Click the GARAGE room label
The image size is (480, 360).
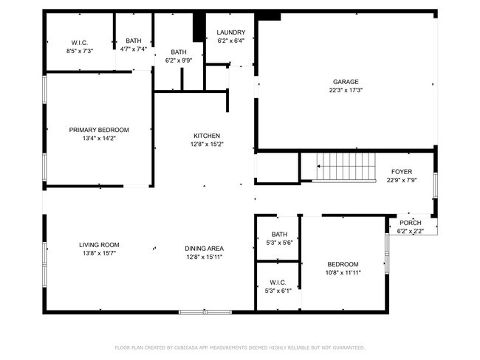click(x=346, y=82)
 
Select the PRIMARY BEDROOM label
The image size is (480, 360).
click(x=99, y=129)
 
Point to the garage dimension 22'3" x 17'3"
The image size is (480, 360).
click(x=346, y=90)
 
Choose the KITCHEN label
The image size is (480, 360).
click(x=207, y=136)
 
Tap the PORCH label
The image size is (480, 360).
click(x=411, y=224)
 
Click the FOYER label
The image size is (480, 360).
click(x=402, y=171)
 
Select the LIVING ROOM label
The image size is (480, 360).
click(x=99, y=245)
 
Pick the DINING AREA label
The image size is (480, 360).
click(x=204, y=248)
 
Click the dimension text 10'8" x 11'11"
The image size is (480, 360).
click(x=343, y=272)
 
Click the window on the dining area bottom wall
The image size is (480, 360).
click(x=205, y=312)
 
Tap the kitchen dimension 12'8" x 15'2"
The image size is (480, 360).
click(x=207, y=144)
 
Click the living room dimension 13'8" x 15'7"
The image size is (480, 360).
click(x=99, y=253)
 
